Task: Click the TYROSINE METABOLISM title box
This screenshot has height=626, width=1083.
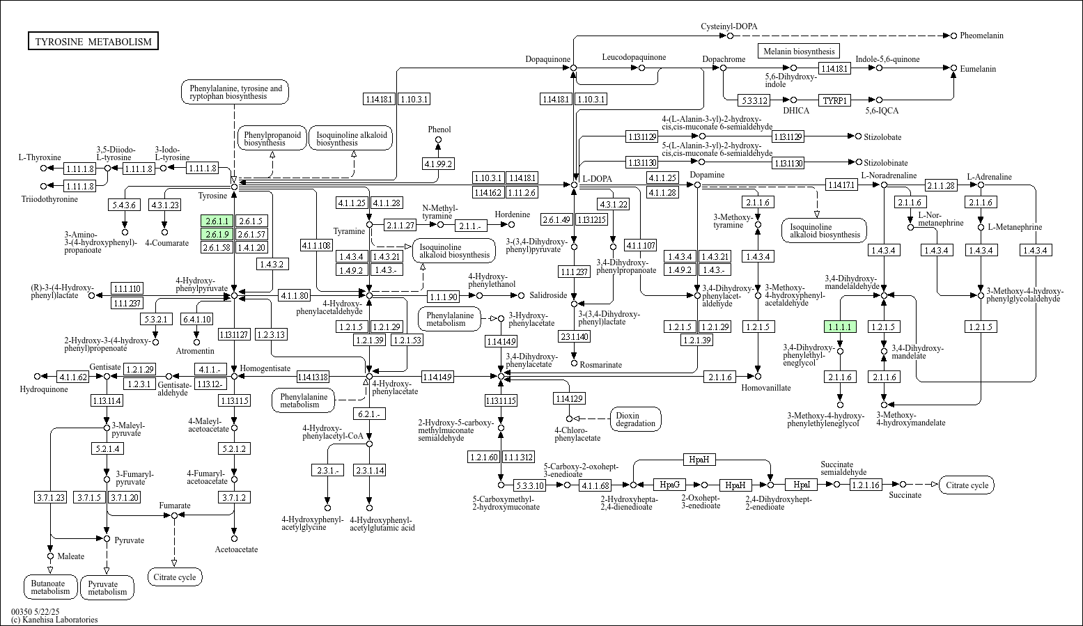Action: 93,42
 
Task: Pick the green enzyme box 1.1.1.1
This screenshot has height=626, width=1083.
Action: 839,327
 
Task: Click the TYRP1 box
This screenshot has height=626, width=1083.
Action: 835,100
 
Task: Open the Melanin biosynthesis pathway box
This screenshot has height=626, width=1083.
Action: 798,51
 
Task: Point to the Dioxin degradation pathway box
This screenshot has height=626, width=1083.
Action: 635,419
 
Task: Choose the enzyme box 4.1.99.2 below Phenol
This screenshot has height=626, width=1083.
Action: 438,164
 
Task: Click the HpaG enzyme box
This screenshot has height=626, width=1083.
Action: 669,484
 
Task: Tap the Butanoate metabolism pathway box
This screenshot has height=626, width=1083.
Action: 50,588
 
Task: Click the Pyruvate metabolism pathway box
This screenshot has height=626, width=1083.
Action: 107,588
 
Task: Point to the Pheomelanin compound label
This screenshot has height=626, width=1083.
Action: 981,36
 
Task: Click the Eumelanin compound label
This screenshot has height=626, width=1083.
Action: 978,69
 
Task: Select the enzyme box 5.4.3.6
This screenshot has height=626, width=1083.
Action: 125,205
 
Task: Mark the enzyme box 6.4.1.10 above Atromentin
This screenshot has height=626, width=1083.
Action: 196,319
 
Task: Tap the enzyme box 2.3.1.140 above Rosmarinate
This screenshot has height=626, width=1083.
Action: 574,336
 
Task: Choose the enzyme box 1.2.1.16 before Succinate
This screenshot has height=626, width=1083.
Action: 865,484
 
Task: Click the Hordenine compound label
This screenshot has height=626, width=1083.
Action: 512,214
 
